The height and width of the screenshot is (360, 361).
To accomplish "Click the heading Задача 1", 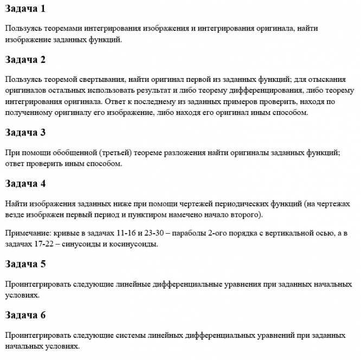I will [x=25, y=9].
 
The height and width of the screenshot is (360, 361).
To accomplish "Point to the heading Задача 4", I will [x=25, y=183].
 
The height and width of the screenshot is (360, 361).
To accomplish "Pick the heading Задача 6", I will [x=25, y=315].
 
